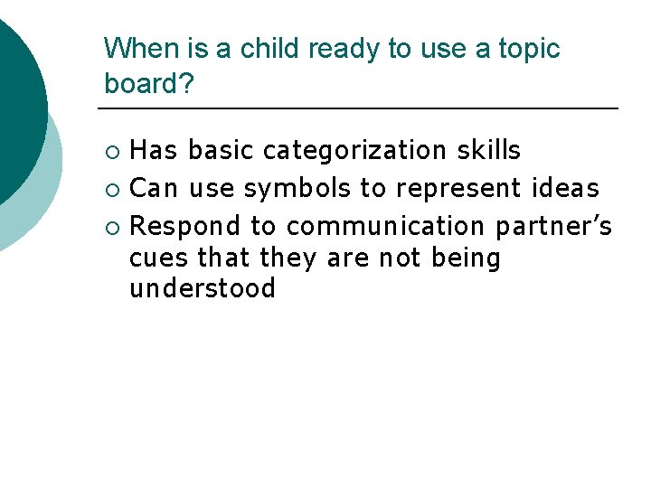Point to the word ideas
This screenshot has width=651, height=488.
[x=566, y=188]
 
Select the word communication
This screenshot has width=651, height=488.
[x=385, y=225]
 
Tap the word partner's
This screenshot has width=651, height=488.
[x=553, y=225]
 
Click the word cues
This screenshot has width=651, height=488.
[x=159, y=258]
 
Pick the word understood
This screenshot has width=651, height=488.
[x=202, y=289]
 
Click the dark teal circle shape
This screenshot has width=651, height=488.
[x=16, y=99]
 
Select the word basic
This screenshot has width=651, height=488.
[x=222, y=149]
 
